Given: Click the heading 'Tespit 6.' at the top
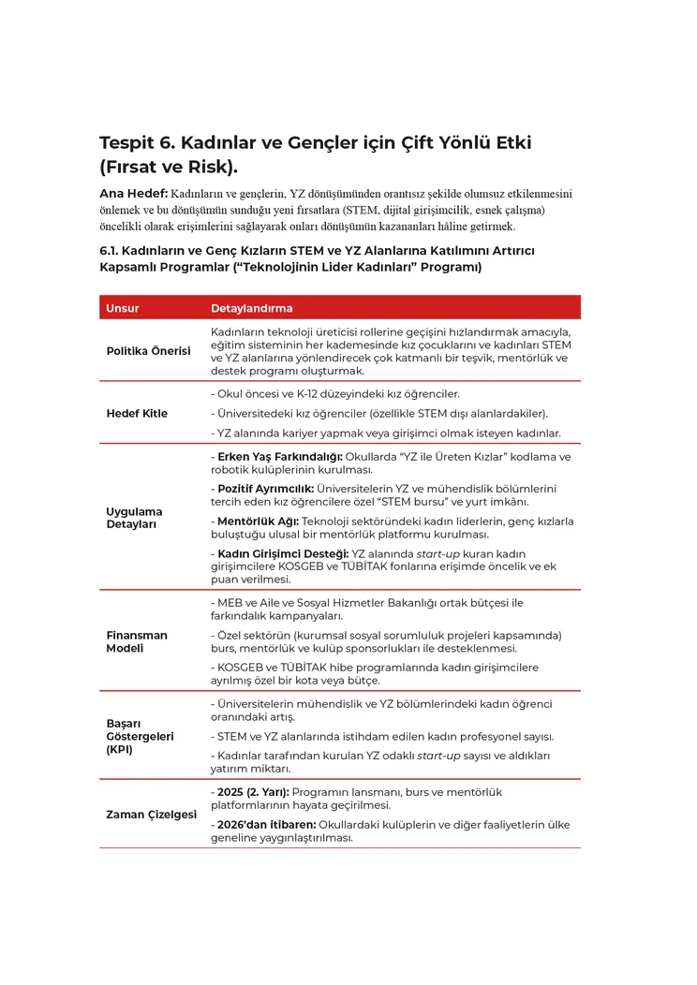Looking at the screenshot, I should pos(136,143).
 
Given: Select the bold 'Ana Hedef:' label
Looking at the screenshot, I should pos(133,194).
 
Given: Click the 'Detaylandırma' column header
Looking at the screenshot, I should pos(251,308).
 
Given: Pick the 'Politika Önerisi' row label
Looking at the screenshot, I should pos(148,351).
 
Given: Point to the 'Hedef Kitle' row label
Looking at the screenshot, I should pos(137,413).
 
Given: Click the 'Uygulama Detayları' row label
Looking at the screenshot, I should pos(134,518).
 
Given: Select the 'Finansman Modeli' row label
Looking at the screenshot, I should pos(137,641).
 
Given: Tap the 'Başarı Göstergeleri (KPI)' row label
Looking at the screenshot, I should pos(140,736).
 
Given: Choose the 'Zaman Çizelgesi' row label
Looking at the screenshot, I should pos(152,815).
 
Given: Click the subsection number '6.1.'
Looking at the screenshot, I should pos(111,251).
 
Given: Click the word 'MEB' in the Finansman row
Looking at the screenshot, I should pos(230,602).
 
